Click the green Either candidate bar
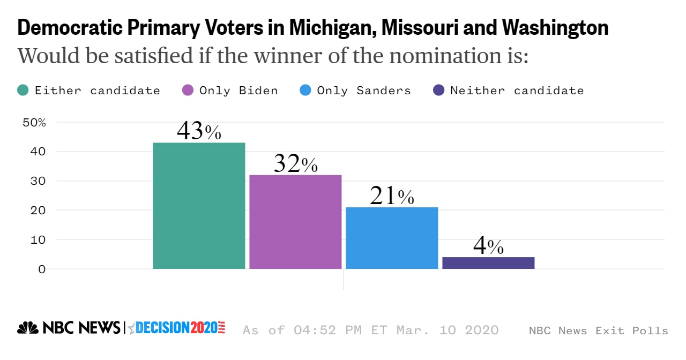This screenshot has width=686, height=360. (199, 206)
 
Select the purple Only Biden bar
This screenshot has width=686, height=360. (295, 222)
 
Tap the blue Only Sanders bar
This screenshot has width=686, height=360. (392, 238)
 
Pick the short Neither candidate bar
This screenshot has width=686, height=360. (488, 263)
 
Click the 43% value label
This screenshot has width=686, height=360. (199, 131)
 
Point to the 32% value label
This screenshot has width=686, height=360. (295, 164)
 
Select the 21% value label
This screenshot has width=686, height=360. (392, 197)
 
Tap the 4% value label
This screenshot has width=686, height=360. (488, 246)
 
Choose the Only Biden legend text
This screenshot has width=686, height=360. (238, 91)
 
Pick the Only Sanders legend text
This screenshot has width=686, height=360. (364, 91)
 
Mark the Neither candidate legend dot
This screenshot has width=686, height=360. (438, 91)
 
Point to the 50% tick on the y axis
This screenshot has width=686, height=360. (34, 122)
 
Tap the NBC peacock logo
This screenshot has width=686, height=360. (28, 328)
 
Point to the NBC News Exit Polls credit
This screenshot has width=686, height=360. (598, 331)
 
